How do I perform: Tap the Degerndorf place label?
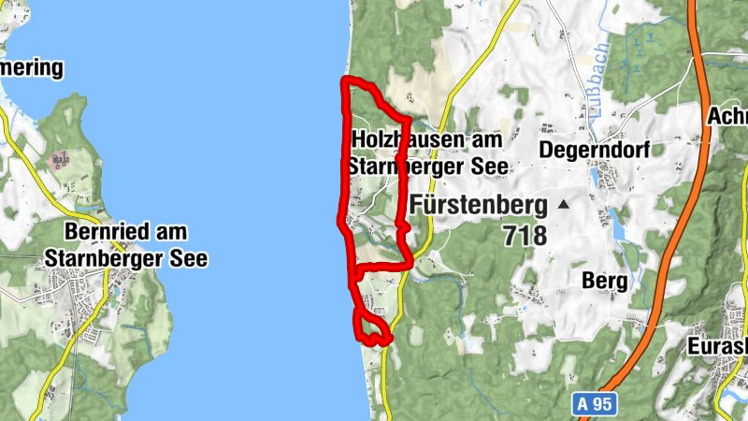594,150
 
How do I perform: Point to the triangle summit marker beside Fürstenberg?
563,203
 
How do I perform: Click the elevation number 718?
523,236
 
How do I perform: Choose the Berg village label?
603,280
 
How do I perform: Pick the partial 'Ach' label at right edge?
727,116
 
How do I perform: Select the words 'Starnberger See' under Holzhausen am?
427,167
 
